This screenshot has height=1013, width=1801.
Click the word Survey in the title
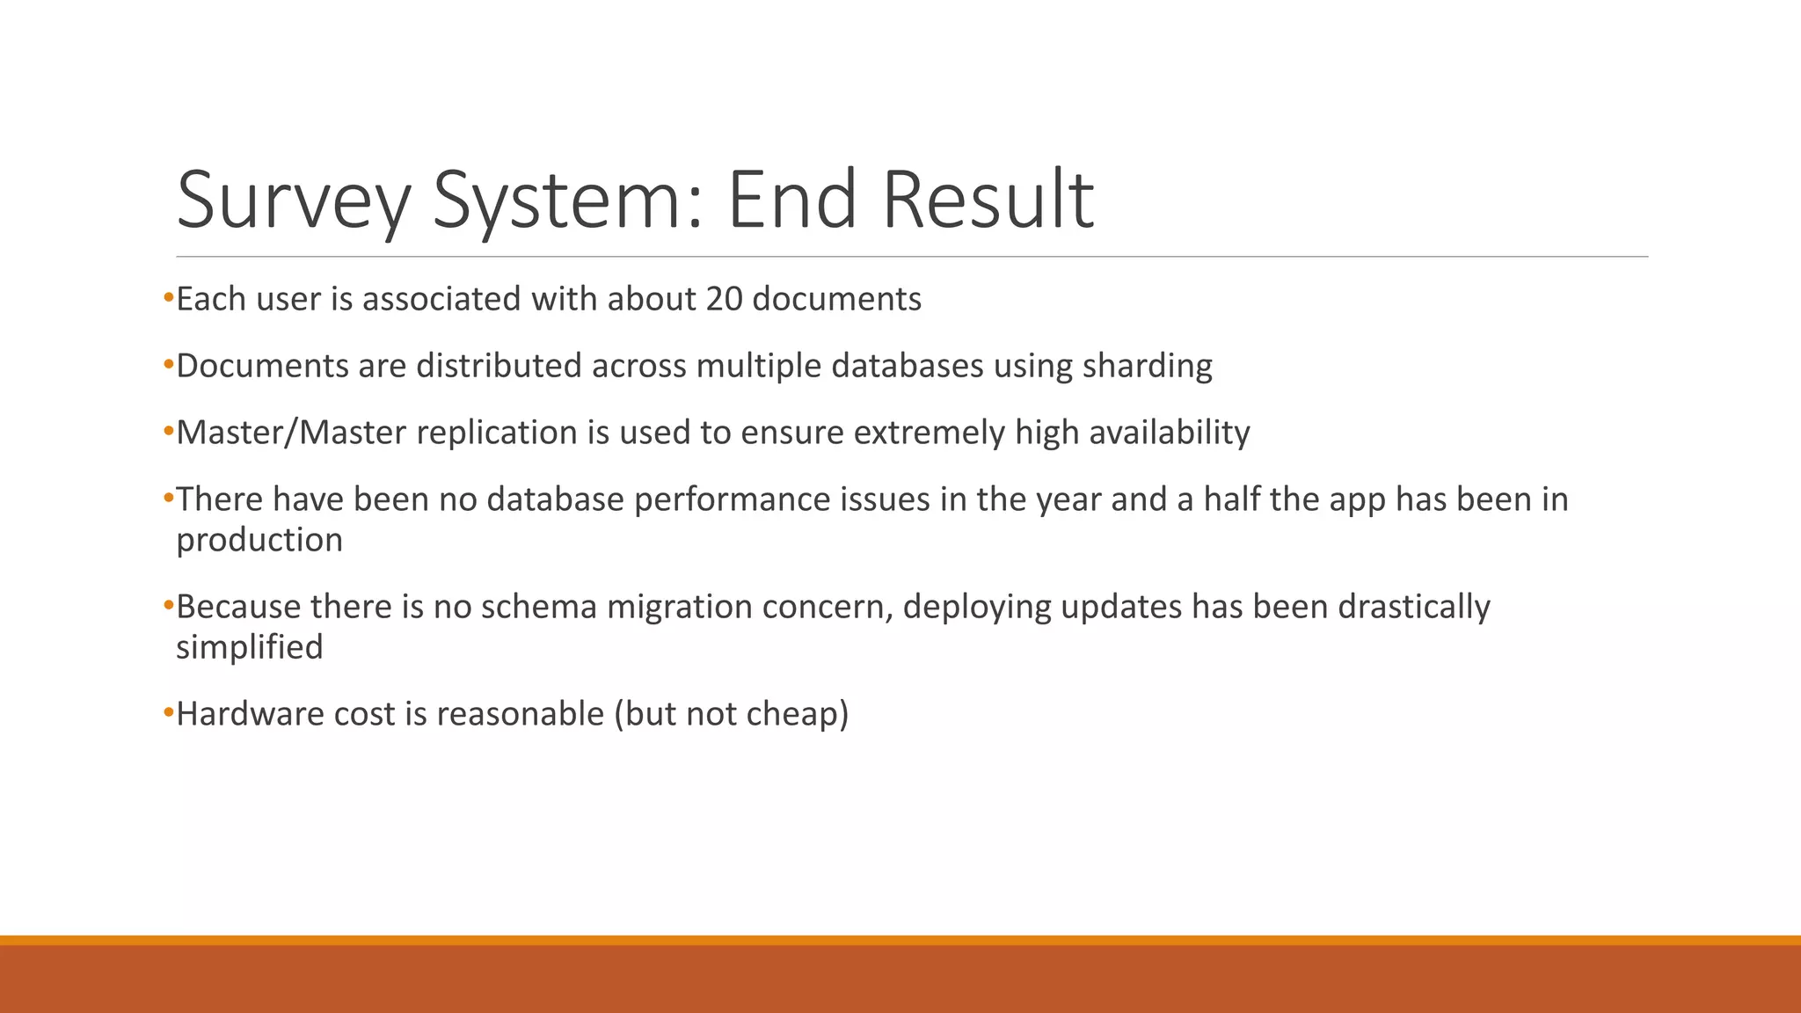point(294,200)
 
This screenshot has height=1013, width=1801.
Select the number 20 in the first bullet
point(724,299)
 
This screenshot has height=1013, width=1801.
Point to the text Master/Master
point(291,433)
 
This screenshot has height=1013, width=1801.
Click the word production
point(259,540)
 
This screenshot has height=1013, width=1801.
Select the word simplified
point(250,647)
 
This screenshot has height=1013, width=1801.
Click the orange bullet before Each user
point(168,299)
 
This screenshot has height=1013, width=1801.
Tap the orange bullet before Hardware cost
point(168,714)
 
